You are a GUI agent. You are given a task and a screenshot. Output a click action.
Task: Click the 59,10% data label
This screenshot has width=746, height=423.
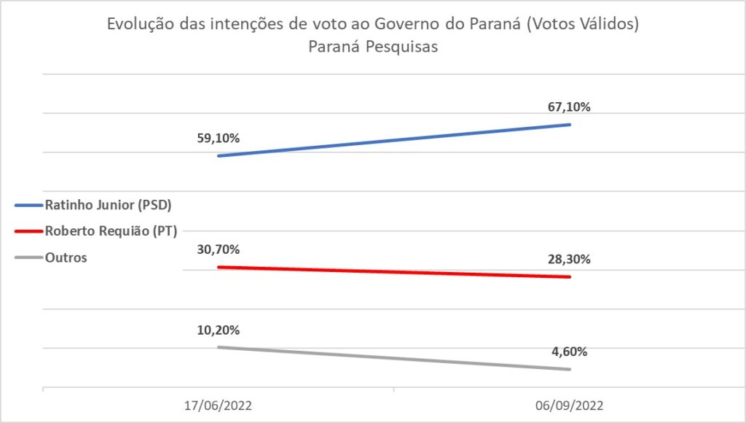click(219, 137)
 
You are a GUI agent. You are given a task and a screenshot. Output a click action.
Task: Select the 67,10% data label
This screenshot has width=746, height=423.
click(569, 106)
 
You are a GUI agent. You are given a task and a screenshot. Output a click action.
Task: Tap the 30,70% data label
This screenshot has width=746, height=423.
click(219, 249)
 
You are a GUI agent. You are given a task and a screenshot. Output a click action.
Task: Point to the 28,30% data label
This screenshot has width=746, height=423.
click(569, 260)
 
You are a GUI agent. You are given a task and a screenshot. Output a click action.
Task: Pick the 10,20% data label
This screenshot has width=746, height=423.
click(219, 330)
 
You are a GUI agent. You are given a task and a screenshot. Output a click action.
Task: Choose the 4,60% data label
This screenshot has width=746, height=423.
click(569, 352)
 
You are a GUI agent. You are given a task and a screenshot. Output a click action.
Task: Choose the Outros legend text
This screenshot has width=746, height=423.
click(66, 258)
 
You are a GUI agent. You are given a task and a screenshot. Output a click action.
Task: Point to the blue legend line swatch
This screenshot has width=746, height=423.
click(28, 204)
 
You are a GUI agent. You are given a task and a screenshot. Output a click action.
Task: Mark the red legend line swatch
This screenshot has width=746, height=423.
click(28, 232)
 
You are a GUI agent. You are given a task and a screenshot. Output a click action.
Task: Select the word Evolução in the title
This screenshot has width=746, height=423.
click(138, 25)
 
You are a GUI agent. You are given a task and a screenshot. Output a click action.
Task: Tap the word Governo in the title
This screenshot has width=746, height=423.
click(404, 25)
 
